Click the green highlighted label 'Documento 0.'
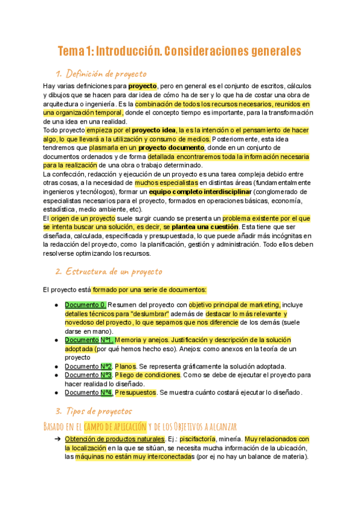(x=86, y=304)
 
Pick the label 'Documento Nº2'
(x=88, y=366)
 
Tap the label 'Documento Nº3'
(x=88, y=375)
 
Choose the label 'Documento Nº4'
(x=88, y=393)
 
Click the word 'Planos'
(x=125, y=366)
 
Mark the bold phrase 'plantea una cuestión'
(x=205, y=227)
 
